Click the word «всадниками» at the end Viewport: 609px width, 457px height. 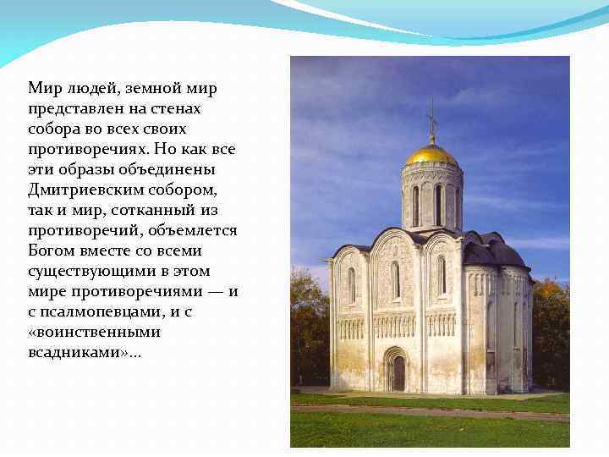point(75,352)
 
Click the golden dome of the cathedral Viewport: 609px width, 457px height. point(431,155)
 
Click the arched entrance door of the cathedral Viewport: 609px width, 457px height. point(398,372)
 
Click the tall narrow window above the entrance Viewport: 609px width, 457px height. point(395,280)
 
